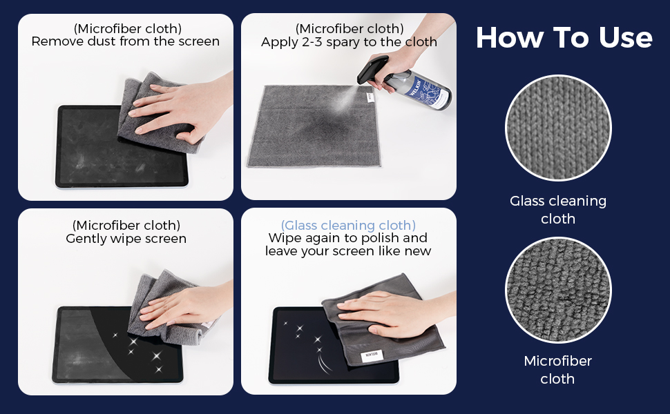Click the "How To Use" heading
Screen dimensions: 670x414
[x=564, y=37]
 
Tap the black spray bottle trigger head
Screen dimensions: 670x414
[x=373, y=69]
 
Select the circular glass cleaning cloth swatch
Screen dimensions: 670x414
[x=558, y=128]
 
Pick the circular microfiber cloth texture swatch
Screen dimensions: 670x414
[x=558, y=290]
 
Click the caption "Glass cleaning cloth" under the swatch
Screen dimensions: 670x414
[x=558, y=210]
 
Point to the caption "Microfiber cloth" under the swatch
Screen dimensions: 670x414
[x=557, y=370]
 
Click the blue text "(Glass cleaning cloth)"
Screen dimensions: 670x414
[x=348, y=225]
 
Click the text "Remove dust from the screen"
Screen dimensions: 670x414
[x=126, y=41]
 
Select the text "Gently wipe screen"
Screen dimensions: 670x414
[x=126, y=238]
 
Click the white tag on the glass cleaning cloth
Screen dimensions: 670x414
[x=372, y=356]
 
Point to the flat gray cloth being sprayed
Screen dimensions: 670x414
[x=314, y=126]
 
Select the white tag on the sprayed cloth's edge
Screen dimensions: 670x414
[x=370, y=97]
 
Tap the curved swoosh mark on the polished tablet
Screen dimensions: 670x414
[x=323, y=363]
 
